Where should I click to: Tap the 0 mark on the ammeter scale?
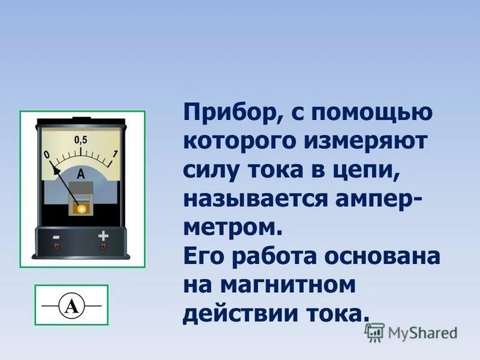click(47, 155)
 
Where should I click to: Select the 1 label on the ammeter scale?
click(115, 154)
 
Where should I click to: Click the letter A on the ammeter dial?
click(81, 174)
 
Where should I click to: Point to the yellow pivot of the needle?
click(79, 207)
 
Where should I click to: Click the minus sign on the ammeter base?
click(56, 236)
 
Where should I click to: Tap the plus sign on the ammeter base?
click(103, 236)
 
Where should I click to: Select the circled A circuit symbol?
click(71, 306)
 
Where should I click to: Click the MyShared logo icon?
click(375, 332)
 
